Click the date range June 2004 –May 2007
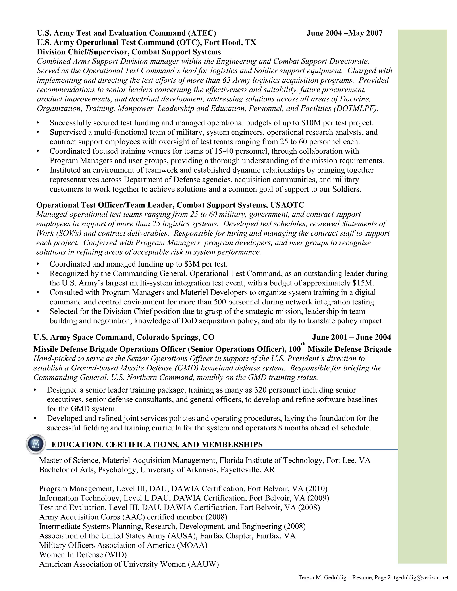click(x=344, y=33)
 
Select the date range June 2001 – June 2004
click(x=351, y=337)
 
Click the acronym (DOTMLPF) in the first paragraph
click(x=356, y=109)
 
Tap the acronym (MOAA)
click(x=192, y=545)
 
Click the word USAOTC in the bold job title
click(x=287, y=205)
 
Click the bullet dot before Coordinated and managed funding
click(x=38, y=264)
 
